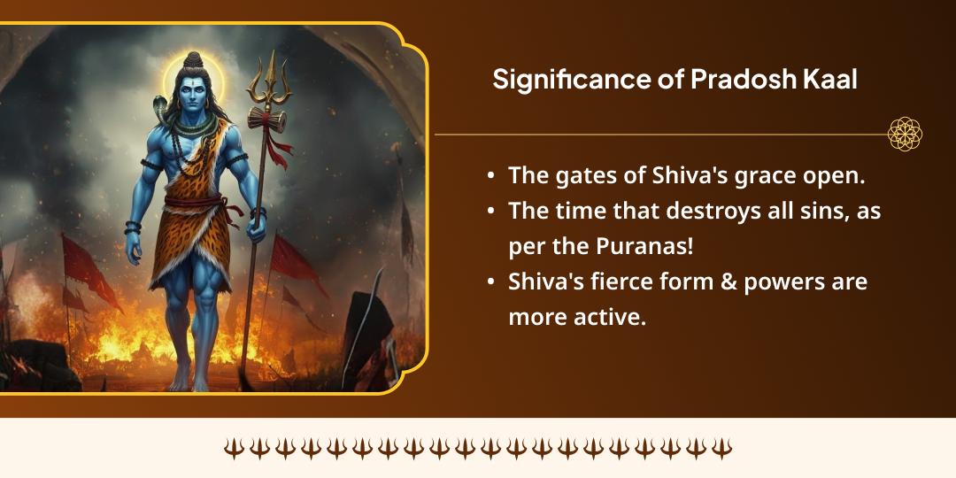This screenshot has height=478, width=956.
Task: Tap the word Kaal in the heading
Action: coord(832,80)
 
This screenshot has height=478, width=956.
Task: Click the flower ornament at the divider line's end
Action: coord(905,134)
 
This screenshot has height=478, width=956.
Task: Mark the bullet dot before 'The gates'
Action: coord(491,176)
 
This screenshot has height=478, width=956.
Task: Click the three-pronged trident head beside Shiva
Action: coord(266,78)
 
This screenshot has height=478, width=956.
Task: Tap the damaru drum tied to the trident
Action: coord(266,119)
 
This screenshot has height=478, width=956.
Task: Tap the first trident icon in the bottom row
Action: coord(234,448)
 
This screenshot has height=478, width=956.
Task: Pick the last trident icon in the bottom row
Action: coord(722,448)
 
